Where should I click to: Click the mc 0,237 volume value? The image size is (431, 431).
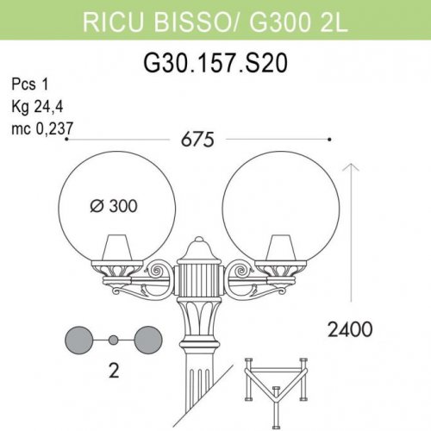tap(42, 128)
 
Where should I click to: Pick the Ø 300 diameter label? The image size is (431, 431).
tap(116, 206)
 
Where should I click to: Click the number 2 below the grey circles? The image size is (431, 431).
tap(113, 375)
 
